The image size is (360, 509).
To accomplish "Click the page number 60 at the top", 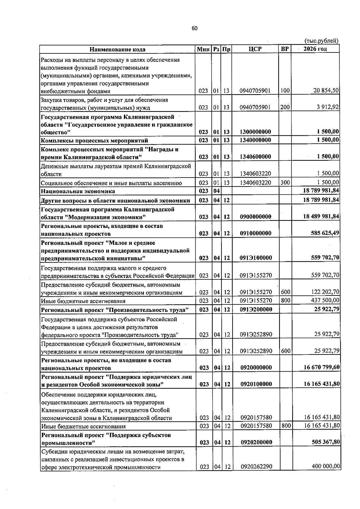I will [x=194, y=28].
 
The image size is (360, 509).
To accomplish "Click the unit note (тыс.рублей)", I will [x=321, y=41].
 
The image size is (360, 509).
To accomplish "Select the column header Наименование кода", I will [x=118, y=49].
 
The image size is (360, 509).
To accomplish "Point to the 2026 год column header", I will [x=315, y=49].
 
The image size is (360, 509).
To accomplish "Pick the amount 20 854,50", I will [x=326, y=90].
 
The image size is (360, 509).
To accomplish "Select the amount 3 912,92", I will [x=328, y=107].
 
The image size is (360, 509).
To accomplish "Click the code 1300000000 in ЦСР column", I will [x=255, y=132].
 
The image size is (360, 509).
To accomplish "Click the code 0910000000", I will [x=255, y=233].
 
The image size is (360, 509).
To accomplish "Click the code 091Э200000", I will [x=256, y=309].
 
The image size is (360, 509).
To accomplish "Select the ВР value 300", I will [x=285, y=182].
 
